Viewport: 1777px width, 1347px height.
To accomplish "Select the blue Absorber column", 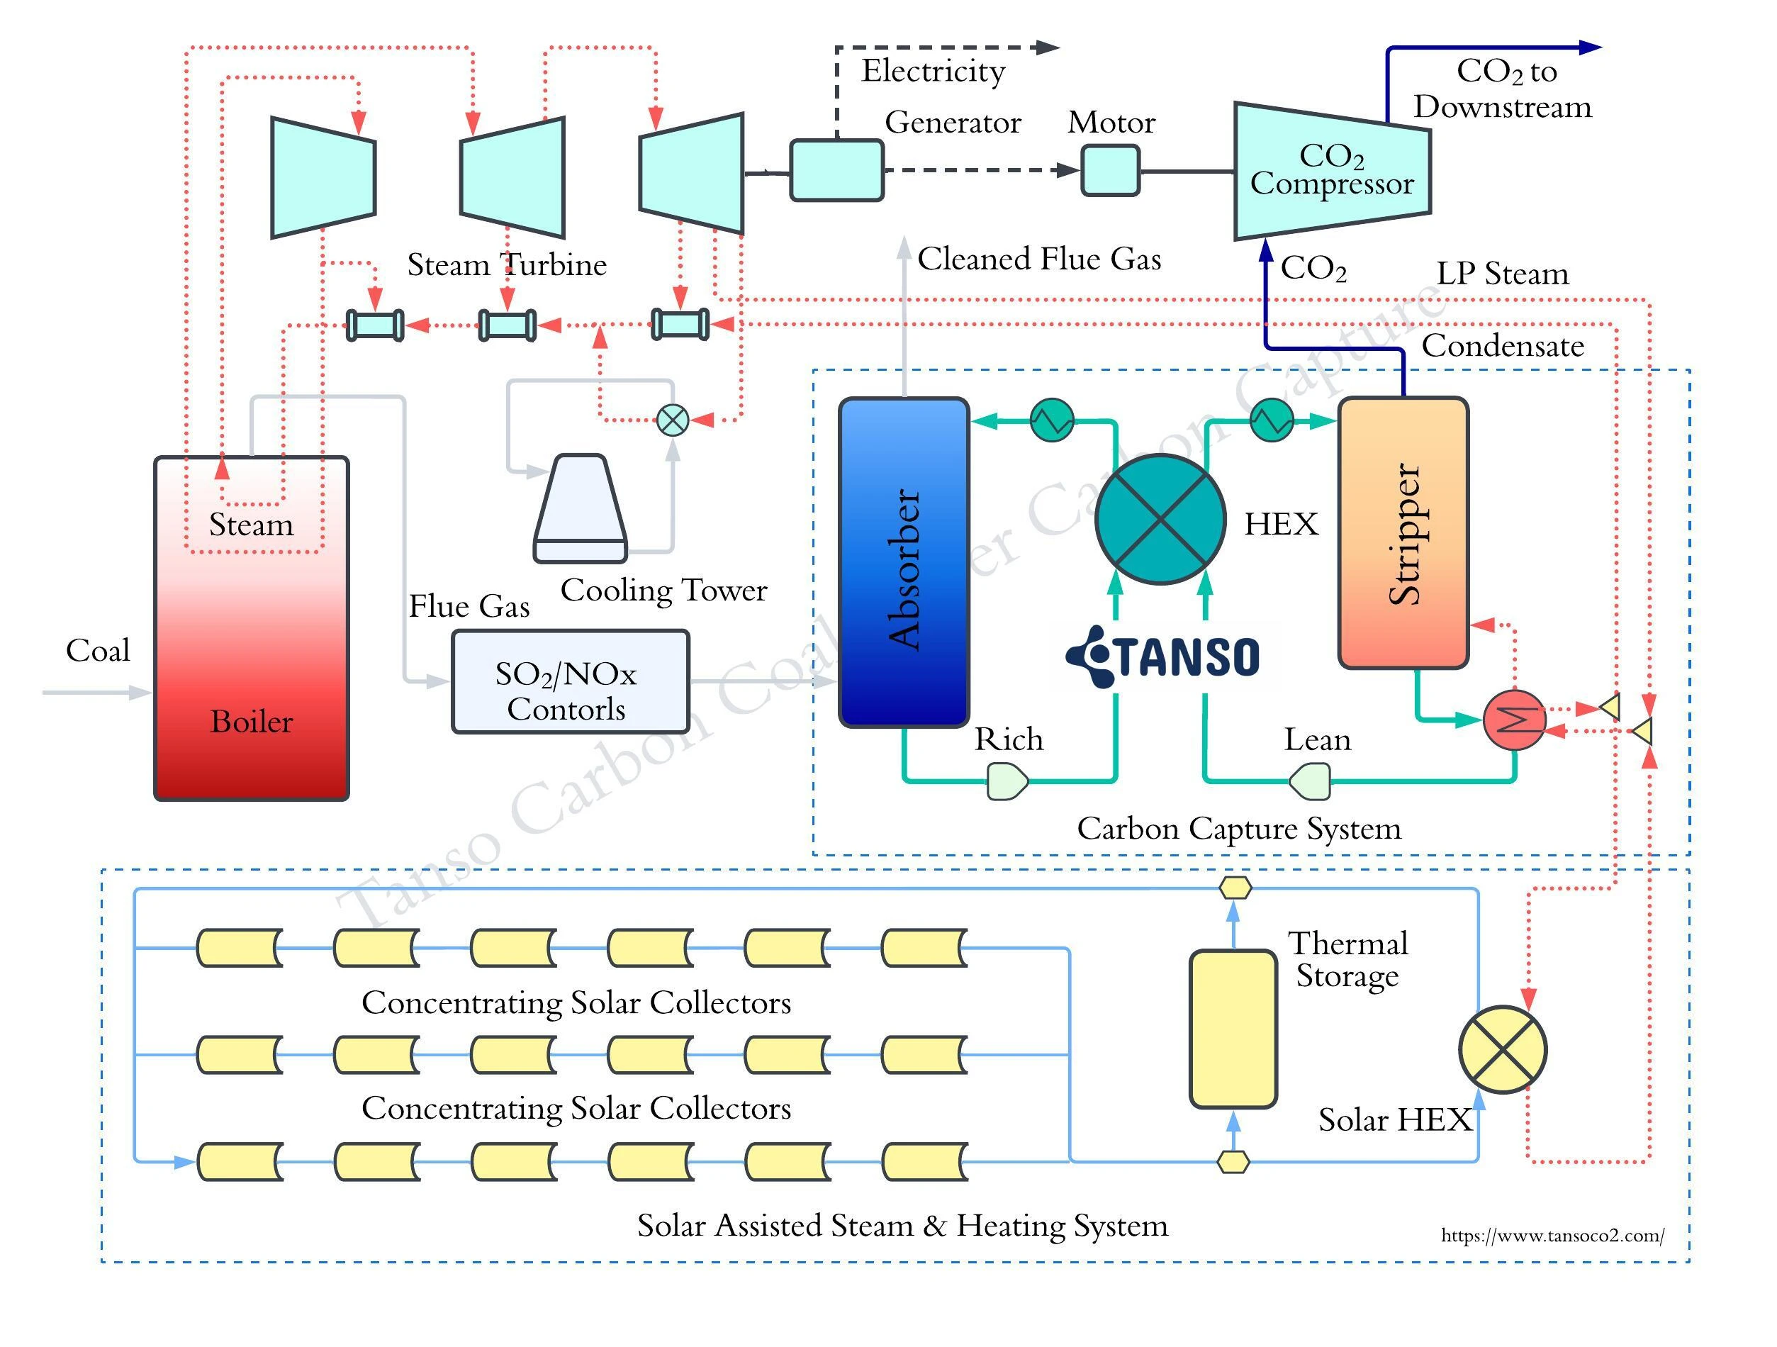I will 904,563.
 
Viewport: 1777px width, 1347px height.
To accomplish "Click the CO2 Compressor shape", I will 1331,170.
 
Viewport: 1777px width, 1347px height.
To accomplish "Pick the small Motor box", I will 1110,170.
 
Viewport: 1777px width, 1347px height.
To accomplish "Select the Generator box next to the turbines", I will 836,170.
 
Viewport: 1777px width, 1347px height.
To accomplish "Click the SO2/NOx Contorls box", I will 571,681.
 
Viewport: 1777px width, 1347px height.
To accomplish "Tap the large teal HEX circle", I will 1160,519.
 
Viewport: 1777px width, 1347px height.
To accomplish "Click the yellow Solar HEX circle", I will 1502,1050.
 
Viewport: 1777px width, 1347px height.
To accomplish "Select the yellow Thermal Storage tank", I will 1233,1029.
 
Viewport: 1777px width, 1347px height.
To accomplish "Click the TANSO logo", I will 1162,656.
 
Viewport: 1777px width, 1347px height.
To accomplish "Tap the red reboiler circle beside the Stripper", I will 1513,720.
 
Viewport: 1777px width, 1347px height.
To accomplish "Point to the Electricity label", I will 933,71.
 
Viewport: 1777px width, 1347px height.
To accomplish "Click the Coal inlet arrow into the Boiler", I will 96,692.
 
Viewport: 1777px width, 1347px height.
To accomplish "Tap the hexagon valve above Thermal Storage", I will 1235,888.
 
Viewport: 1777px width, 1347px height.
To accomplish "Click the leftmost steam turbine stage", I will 323,177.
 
